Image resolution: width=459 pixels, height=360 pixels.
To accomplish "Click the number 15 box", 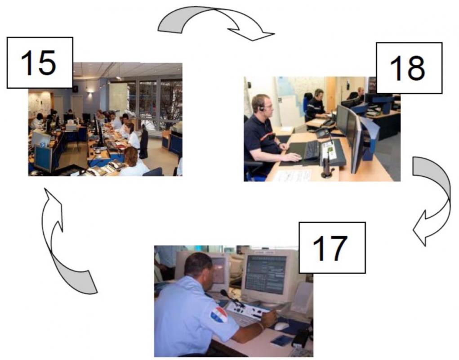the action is [40, 63].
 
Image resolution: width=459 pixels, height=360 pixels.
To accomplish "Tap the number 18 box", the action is [409, 68].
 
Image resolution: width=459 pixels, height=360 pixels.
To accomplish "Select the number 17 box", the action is [332, 248].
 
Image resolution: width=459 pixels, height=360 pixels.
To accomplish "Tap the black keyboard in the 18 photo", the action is [311, 150].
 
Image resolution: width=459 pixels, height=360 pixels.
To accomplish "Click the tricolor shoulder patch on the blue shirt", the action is [219, 315].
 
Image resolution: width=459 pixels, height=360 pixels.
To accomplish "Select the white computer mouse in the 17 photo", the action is [281, 326].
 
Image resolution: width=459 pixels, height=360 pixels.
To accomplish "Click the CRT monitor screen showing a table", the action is [266, 275].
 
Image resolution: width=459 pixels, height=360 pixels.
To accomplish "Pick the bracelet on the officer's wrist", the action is [261, 325].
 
